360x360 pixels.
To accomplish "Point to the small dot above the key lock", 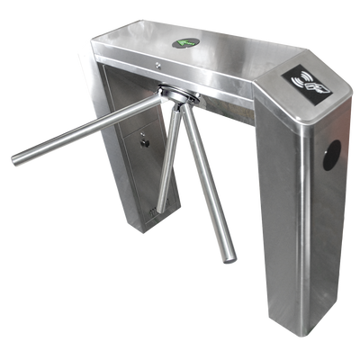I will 144,130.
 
